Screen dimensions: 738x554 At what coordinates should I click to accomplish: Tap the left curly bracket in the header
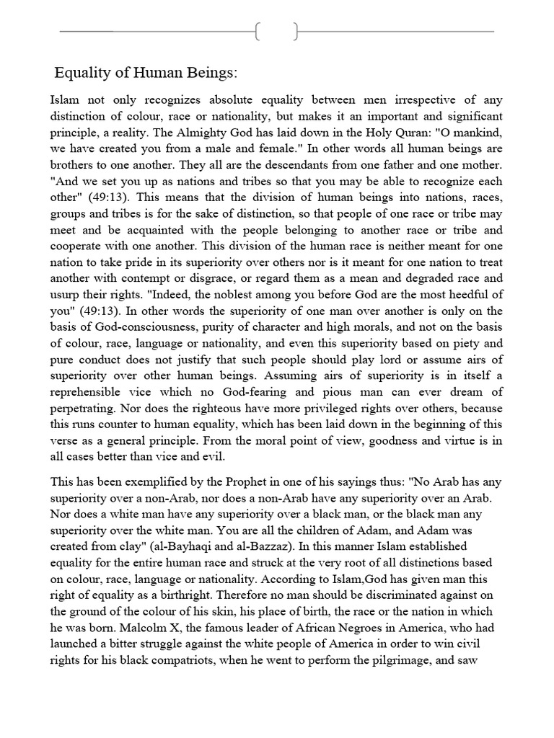tap(258, 32)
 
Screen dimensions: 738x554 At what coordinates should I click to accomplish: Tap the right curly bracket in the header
tap(296, 32)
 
